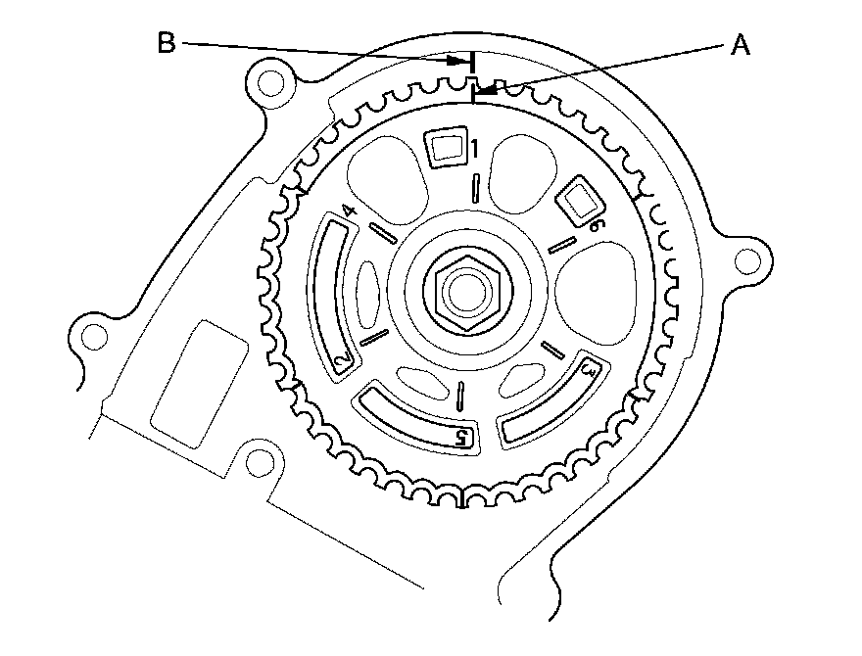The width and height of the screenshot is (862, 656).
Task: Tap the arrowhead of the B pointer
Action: [459, 61]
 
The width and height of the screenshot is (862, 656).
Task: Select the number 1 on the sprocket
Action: [473, 150]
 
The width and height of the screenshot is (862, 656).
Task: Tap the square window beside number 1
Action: [446, 148]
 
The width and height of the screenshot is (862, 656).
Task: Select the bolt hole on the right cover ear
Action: [748, 261]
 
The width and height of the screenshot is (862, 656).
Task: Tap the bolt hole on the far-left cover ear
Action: [93, 336]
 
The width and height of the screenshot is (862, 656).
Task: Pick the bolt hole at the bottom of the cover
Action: [258, 465]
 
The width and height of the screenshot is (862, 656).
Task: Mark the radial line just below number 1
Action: [473, 186]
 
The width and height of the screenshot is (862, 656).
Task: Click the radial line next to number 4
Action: [383, 233]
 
